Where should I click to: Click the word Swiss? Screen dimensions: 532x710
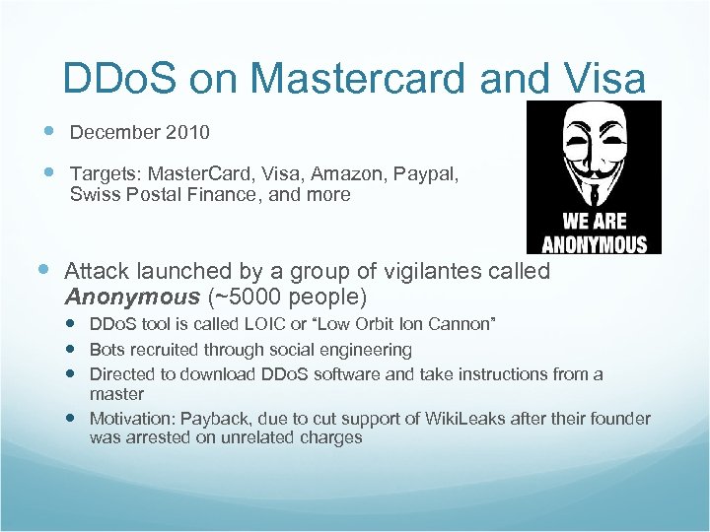click(93, 194)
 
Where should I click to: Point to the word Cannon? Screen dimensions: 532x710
click(461, 324)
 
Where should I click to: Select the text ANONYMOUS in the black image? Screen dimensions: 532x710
click(594, 244)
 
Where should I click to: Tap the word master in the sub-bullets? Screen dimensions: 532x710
click(116, 394)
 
